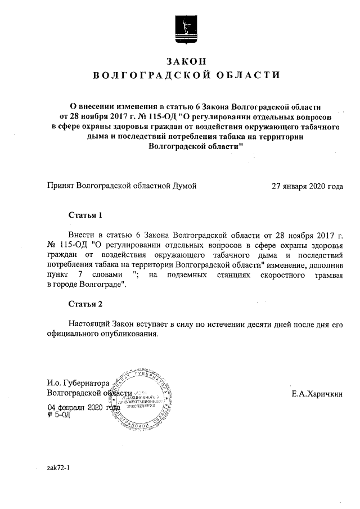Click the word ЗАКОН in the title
186,60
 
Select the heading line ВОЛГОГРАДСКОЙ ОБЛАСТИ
186,75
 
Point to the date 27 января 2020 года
307,185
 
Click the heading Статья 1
85,215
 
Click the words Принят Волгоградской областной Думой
122,185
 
